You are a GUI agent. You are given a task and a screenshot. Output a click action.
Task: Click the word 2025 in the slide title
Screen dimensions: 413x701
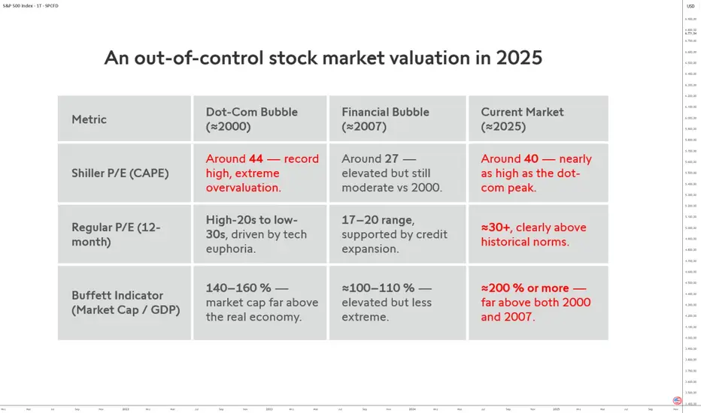point(520,58)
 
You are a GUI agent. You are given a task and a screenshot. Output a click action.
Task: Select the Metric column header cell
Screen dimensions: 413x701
point(89,119)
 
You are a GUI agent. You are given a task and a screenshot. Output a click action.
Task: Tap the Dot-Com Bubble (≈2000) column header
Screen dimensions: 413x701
point(252,119)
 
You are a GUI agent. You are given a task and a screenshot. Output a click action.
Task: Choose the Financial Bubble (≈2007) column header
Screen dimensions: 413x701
point(385,119)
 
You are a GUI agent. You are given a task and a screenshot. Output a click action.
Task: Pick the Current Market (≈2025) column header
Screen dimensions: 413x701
point(522,119)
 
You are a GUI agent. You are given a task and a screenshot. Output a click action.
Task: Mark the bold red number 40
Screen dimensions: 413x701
point(533,158)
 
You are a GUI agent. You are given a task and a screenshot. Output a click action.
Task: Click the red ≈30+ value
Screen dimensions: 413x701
point(497,228)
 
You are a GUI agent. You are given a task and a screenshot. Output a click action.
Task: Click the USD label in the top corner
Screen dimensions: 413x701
point(690,6)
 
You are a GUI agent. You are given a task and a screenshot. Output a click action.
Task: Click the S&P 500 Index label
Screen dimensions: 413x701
point(20,6)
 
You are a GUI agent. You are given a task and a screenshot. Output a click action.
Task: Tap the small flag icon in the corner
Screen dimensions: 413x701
point(677,400)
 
